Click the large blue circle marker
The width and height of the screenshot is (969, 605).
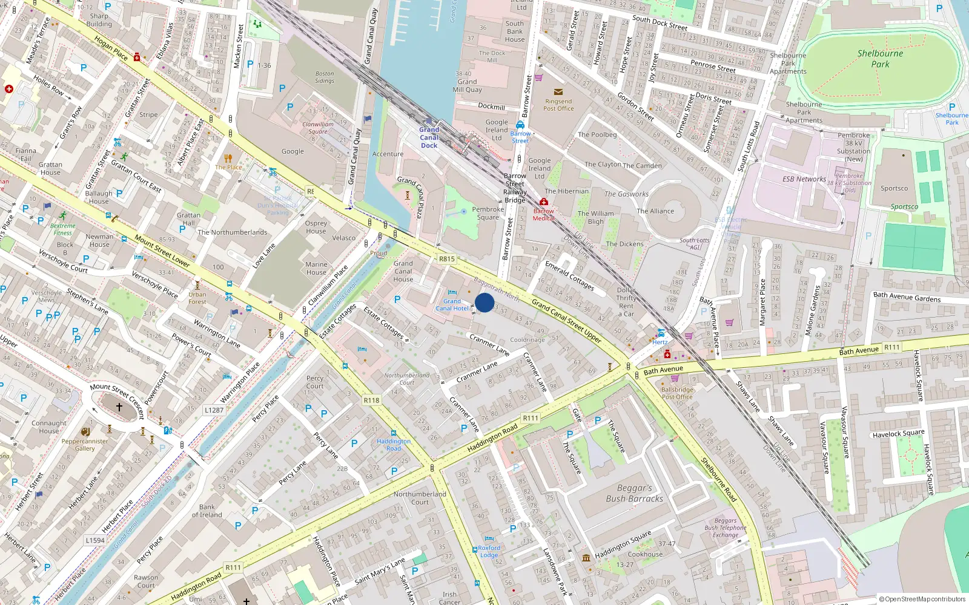(x=484, y=302)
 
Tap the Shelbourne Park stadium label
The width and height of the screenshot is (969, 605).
(x=880, y=59)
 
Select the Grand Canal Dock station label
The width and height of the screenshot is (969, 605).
(x=429, y=137)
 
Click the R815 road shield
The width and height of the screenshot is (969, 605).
(x=446, y=259)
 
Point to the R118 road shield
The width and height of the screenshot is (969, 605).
(x=371, y=401)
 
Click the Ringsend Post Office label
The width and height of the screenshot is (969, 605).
(x=558, y=105)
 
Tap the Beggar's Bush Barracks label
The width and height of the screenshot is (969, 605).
(x=634, y=493)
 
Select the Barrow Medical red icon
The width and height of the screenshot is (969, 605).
(x=544, y=202)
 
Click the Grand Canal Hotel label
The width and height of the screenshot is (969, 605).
(x=452, y=304)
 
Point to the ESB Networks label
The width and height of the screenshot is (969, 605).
(x=804, y=179)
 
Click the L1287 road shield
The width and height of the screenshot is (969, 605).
(x=214, y=410)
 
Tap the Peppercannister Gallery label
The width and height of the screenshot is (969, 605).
(x=85, y=445)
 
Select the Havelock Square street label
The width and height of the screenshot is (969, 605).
(x=898, y=433)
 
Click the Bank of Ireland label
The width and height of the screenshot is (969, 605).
(x=207, y=511)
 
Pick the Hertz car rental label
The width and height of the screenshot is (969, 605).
(x=660, y=342)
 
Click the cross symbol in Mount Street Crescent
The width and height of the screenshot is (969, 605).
(x=119, y=407)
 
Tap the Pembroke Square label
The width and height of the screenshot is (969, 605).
(x=488, y=213)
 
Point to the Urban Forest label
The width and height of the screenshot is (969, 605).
(x=197, y=298)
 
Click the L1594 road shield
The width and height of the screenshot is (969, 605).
(x=95, y=540)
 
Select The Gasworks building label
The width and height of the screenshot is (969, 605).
(x=626, y=194)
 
